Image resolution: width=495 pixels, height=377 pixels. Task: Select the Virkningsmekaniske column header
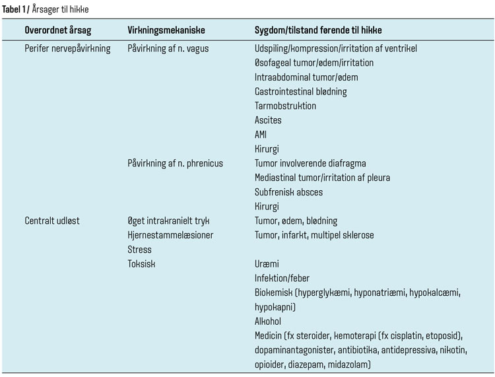coord(166,31)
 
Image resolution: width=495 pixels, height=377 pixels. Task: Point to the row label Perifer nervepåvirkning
coord(67,49)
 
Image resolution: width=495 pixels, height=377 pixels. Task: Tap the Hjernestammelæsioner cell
coord(171,235)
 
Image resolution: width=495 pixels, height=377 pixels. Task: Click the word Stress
coord(139,250)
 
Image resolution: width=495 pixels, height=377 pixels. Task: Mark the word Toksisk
coord(142,264)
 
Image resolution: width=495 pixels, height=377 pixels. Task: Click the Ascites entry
coord(268,120)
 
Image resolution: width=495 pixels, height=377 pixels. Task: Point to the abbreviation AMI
coord(262,135)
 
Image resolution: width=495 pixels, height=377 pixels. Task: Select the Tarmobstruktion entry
coord(285,106)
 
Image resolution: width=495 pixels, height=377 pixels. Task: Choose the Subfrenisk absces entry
coord(288,192)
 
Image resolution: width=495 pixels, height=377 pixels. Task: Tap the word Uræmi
coord(267,264)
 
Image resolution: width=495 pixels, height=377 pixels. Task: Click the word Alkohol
coord(268,322)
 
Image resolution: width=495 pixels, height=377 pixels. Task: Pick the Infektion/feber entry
coord(282,279)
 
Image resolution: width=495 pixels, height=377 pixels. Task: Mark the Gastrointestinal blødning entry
coord(300,92)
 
